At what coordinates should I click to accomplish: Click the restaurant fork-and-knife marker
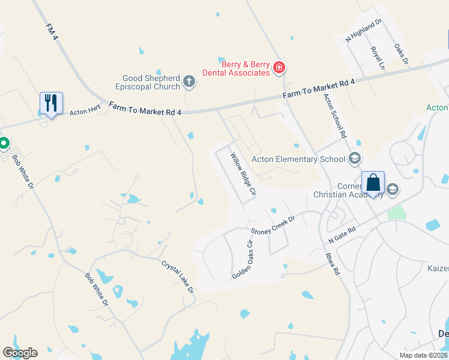point(51,103)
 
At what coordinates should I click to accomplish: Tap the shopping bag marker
point(373,182)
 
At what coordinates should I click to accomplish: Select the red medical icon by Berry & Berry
point(279,68)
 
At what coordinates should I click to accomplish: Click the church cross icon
point(189,82)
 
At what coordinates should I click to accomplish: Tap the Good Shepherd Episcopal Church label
point(151,82)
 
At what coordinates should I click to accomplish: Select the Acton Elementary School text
point(298,159)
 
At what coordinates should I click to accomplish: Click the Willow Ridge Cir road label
point(244,176)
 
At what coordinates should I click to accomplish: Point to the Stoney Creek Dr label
point(274,226)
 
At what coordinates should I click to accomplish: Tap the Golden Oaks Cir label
point(243,259)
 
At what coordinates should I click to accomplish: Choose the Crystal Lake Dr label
point(178,276)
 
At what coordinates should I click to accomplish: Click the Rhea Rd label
point(333,263)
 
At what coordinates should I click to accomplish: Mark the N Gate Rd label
point(343,234)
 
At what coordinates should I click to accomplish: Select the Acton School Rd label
point(336,116)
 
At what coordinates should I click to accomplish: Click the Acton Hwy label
point(85,111)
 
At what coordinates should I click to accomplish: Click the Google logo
point(20,353)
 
